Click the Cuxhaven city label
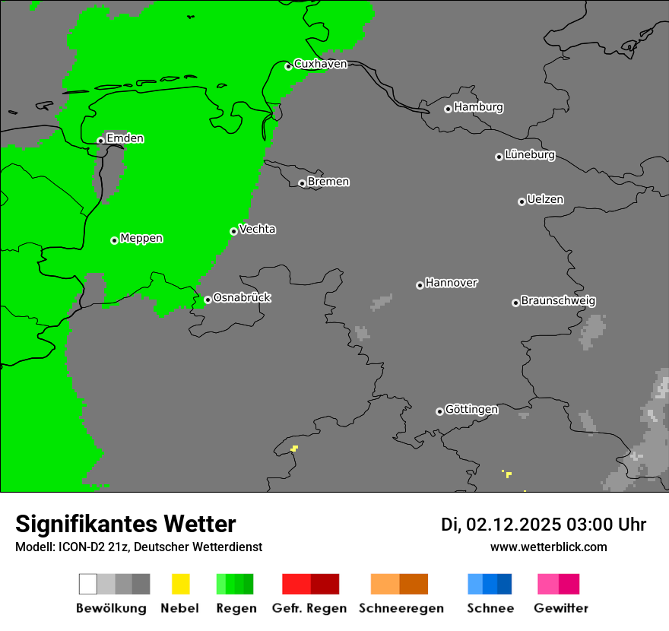click(320, 64)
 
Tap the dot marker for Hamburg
click(448, 109)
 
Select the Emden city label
click(125, 138)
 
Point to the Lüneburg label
click(530, 154)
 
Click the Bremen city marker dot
click(302, 183)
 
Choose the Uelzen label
click(545, 199)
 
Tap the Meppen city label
click(141, 238)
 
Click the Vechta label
click(257, 229)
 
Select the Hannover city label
click(452, 283)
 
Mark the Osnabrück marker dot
click(208, 300)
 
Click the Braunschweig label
click(558, 300)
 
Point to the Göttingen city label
click(471, 409)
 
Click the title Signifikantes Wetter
click(125, 524)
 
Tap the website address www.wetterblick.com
click(548, 547)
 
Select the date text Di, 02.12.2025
click(500, 525)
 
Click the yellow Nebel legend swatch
click(180, 584)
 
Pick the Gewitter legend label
click(560, 608)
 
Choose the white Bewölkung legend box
click(87, 584)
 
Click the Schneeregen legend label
click(401, 608)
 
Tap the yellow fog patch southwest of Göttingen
click(294, 448)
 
